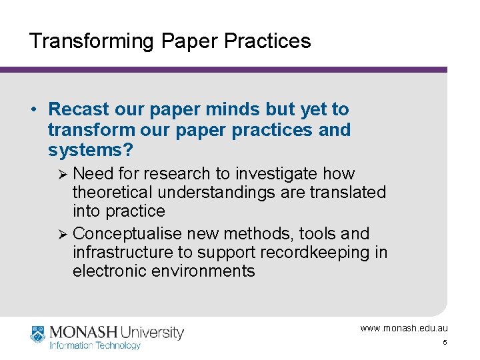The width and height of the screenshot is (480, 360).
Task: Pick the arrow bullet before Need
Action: click(63, 174)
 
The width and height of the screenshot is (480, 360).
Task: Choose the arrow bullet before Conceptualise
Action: click(63, 234)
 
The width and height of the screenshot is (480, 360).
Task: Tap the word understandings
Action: click(213, 193)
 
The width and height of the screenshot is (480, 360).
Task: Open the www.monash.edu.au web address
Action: click(404, 328)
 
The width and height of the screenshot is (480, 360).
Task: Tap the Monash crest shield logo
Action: click(37, 334)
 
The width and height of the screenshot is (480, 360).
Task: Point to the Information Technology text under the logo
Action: click(95, 345)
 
